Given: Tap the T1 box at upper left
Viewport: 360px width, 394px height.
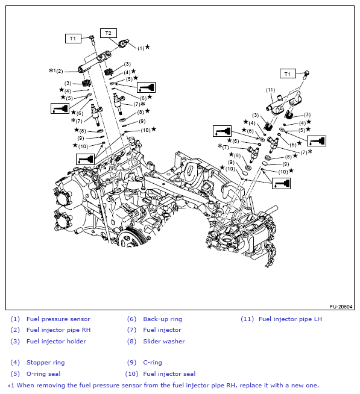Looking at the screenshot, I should tap(73, 39).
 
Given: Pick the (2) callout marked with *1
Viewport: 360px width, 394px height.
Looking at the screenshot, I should tap(59, 71).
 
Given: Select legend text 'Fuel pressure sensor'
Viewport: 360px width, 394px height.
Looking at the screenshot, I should tap(58, 319).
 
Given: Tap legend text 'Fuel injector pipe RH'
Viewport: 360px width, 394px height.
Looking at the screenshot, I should tap(59, 330).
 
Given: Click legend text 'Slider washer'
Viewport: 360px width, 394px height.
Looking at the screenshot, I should tap(164, 342).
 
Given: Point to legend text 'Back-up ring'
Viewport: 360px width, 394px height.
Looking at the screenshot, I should tap(162, 319).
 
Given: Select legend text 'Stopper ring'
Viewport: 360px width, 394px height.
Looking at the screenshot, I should tap(45, 363).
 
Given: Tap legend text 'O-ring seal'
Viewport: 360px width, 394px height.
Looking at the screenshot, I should tap(43, 374).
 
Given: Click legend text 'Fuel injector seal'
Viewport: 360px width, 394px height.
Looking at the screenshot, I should tap(169, 374).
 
